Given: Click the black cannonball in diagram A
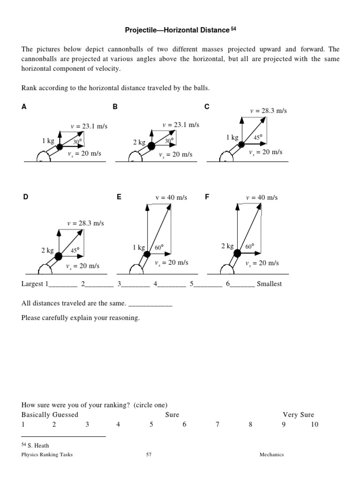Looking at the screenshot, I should pos(60,147).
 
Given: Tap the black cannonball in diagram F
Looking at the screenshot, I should pos(237,254).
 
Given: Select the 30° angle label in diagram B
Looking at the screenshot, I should pos(169,140).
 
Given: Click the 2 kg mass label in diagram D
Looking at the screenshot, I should pos(47,250).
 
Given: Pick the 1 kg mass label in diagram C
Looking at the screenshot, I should pos(232,137).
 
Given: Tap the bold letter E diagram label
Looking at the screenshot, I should pos(119,197).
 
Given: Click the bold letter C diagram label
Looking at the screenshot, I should pos(207,107).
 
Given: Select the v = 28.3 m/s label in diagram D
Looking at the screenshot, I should pos(85,223).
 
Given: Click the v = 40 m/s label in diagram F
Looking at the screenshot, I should pos(262,197).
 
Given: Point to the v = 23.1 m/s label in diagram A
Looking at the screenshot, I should pos(89,126).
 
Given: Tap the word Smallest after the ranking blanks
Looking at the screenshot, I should pos(270,284).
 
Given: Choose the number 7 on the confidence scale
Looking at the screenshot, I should pos(217,425).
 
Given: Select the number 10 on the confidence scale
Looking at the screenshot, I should pos(315,425).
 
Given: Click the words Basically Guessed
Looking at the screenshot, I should pos(50,415).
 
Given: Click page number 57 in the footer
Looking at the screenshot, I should pos(148,454).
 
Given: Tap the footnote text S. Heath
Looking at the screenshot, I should pos(38,445).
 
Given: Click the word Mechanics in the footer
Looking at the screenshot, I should pos(272,454).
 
